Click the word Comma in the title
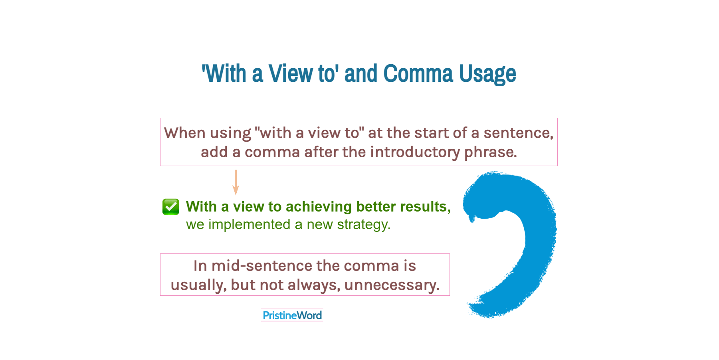pos(418,74)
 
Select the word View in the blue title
pos(291,74)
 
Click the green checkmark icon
pos(171,207)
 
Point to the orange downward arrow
pos(236,182)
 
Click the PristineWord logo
pos(292,315)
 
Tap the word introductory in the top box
pos(415,152)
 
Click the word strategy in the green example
pos(362,225)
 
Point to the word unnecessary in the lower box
pos(391,285)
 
